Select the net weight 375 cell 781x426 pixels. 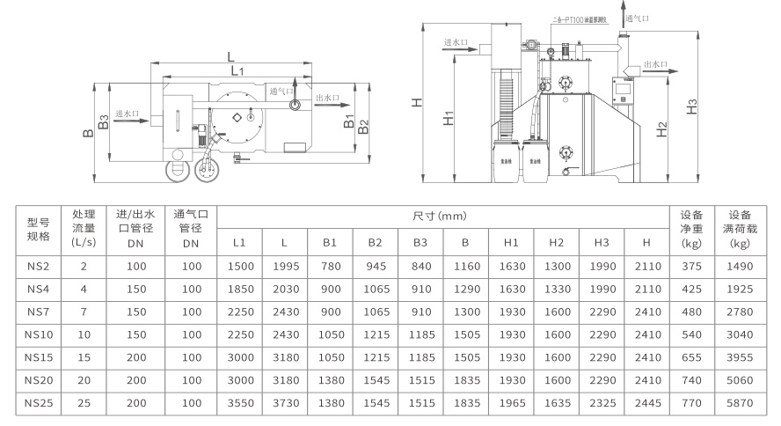pyautogui.click(x=692, y=266)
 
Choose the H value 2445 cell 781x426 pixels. pyautogui.click(x=647, y=403)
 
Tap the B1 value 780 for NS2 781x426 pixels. pyautogui.click(x=330, y=266)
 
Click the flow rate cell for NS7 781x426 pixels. pyautogui.click(x=84, y=312)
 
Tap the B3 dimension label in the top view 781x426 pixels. pyautogui.click(x=104, y=121)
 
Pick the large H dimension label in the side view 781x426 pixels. pyautogui.click(x=417, y=101)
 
